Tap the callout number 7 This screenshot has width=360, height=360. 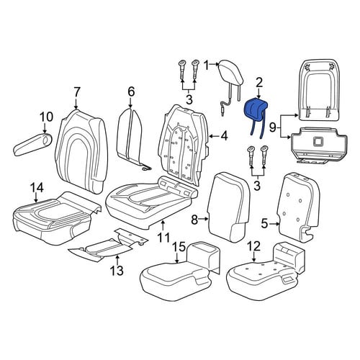pyautogui.click(x=76, y=93)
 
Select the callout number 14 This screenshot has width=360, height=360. pyautogui.click(x=37, y=188)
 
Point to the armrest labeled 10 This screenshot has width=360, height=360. pyautogui.click(x=32, y=145)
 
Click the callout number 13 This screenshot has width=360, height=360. pyautogui.click(x=117, y=270)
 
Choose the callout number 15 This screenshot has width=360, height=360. pyautogui.click(x=179, y=247)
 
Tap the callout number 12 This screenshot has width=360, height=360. pyautogui.click(x=253, y=247)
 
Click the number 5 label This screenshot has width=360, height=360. pyautogui.click(x=264, y=224)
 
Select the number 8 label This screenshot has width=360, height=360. pyautogui.click(x=194, y=220)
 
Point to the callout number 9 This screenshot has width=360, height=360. pyautogui.click(x=273, y=127)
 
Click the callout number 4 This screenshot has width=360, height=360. pyautogui.click(x=224, y=136)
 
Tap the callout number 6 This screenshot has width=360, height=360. pyautogui.click(x=131, y=92)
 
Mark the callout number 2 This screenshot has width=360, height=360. pyautogui.click(x=259, y=84)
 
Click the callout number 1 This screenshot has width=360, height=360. pyautogui.click(x=207, y=66)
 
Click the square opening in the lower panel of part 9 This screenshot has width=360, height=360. pyautogui.click(x=318, y=142)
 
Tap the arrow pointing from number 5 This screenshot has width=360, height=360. pyautogui.click(x=274, y=224)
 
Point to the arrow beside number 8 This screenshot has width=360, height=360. pyautogui.click(x=204, y=219)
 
